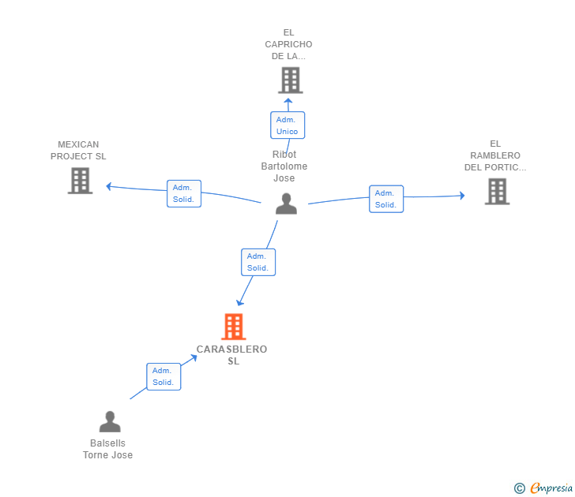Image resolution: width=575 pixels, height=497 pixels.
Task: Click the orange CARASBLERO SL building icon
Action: coord(234,327)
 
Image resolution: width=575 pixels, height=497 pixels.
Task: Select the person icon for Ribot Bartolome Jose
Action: coord(286,204)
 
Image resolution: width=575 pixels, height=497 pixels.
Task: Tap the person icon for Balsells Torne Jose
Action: coord(110,421)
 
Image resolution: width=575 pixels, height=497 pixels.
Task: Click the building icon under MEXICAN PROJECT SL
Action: coord(81,181)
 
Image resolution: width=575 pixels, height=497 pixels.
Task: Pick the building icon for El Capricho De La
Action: coord(291,80)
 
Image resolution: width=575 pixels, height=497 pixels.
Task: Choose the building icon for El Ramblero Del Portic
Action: coord(498,191)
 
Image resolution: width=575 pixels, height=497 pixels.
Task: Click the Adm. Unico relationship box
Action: coord(287,125)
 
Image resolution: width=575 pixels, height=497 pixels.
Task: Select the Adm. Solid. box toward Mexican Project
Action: coord(184,193)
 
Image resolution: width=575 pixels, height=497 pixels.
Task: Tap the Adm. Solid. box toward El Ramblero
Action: coord(386,199)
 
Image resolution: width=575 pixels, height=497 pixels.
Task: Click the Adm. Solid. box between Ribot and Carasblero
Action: coord(258,262)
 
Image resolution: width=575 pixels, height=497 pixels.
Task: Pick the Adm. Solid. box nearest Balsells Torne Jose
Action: coord(163,376)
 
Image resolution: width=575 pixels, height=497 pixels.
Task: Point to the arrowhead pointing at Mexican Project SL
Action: coord(109,186)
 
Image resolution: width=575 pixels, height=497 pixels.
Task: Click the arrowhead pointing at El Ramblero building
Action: coord(462,196)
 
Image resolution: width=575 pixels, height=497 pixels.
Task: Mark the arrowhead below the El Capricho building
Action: coord(288,101)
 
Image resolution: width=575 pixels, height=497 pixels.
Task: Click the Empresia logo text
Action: coord(551,488)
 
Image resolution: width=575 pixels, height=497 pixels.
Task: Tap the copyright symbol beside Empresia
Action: coord(520,488)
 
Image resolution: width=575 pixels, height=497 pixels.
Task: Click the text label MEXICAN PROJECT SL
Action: coord(78,150)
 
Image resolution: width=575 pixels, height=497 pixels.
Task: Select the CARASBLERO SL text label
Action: coord(231,355)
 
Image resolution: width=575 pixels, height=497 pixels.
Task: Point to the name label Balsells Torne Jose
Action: coord(107,449)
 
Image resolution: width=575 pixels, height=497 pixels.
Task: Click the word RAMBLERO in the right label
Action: coord(495,155)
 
